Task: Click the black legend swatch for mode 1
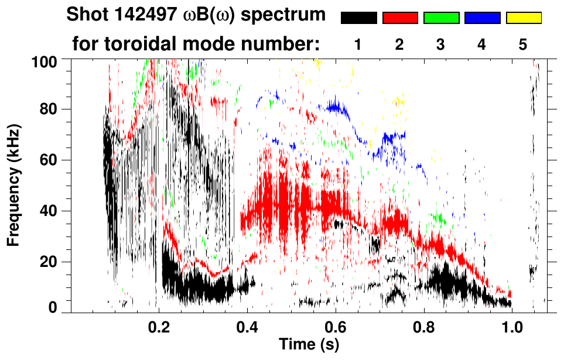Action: [358, 18]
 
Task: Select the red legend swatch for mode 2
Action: [400, 18]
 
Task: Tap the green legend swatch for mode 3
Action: [441, 18]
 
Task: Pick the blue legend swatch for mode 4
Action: [482, 18]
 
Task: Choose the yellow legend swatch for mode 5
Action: [524, 18]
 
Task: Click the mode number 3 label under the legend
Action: [440, 45]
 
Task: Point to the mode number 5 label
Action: [523, 45]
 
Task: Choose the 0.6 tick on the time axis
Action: [335, 328]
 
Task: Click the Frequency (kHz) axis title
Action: [14, 185]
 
